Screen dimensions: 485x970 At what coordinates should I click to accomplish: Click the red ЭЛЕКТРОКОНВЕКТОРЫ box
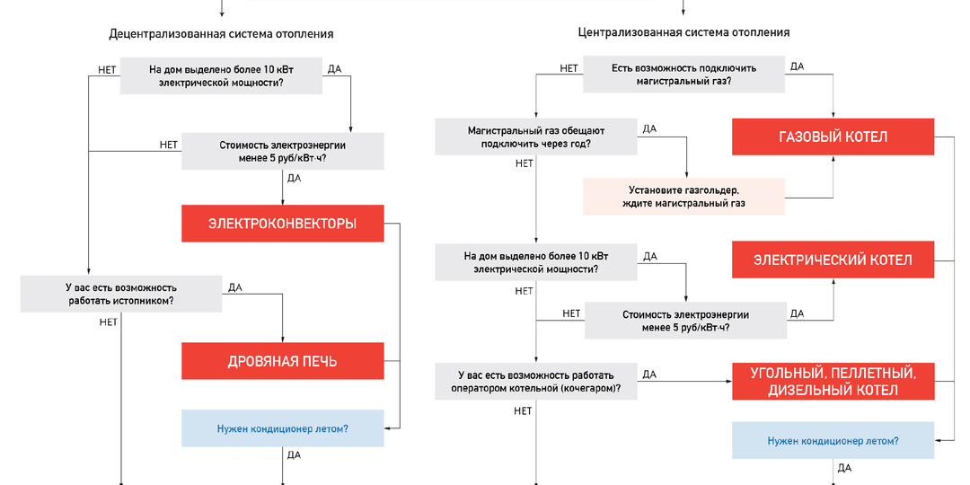pos(282,224)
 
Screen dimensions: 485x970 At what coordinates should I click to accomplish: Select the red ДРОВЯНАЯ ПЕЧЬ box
pos(282,361)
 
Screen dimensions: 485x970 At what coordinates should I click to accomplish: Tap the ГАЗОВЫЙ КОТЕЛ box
pos(833,137)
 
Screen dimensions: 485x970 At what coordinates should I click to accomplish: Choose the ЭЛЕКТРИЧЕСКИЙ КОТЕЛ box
pos(833,260)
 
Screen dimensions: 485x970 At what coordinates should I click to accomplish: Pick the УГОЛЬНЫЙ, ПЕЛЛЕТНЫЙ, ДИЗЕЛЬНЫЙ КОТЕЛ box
pos(833,381)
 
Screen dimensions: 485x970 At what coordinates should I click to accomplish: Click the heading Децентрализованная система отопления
pos(221,34)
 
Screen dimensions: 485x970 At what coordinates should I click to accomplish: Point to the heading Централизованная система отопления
pos(683,32)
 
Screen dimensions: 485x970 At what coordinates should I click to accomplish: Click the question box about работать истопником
pos(121,294)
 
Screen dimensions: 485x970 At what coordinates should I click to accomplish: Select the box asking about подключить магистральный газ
pos(684,74)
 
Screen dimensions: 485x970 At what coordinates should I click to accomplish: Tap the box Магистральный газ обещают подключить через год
pos(536,137)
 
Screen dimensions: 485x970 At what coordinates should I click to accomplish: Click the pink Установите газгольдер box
pos(683,197)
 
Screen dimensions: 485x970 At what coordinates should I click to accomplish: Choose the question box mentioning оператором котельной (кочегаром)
pos(536,381)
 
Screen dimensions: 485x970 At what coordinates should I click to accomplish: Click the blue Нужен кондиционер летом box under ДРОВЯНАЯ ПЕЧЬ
pos(282,428)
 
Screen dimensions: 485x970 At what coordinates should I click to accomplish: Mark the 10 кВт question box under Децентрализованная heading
pos(221,75)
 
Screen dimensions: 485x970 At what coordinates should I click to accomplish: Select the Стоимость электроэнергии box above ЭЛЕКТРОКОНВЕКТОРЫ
pos(282,151)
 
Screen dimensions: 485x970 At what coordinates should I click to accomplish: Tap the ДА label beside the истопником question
pos(235,287)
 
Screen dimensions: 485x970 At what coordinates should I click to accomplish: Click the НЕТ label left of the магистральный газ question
pos(569,68)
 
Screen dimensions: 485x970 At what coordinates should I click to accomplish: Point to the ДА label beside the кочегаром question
pos(649,374)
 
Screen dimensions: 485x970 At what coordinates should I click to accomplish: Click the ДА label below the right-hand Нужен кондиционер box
pos(844,468)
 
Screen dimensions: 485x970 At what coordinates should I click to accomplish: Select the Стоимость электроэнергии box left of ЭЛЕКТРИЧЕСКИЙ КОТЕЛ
pos(684,321)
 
